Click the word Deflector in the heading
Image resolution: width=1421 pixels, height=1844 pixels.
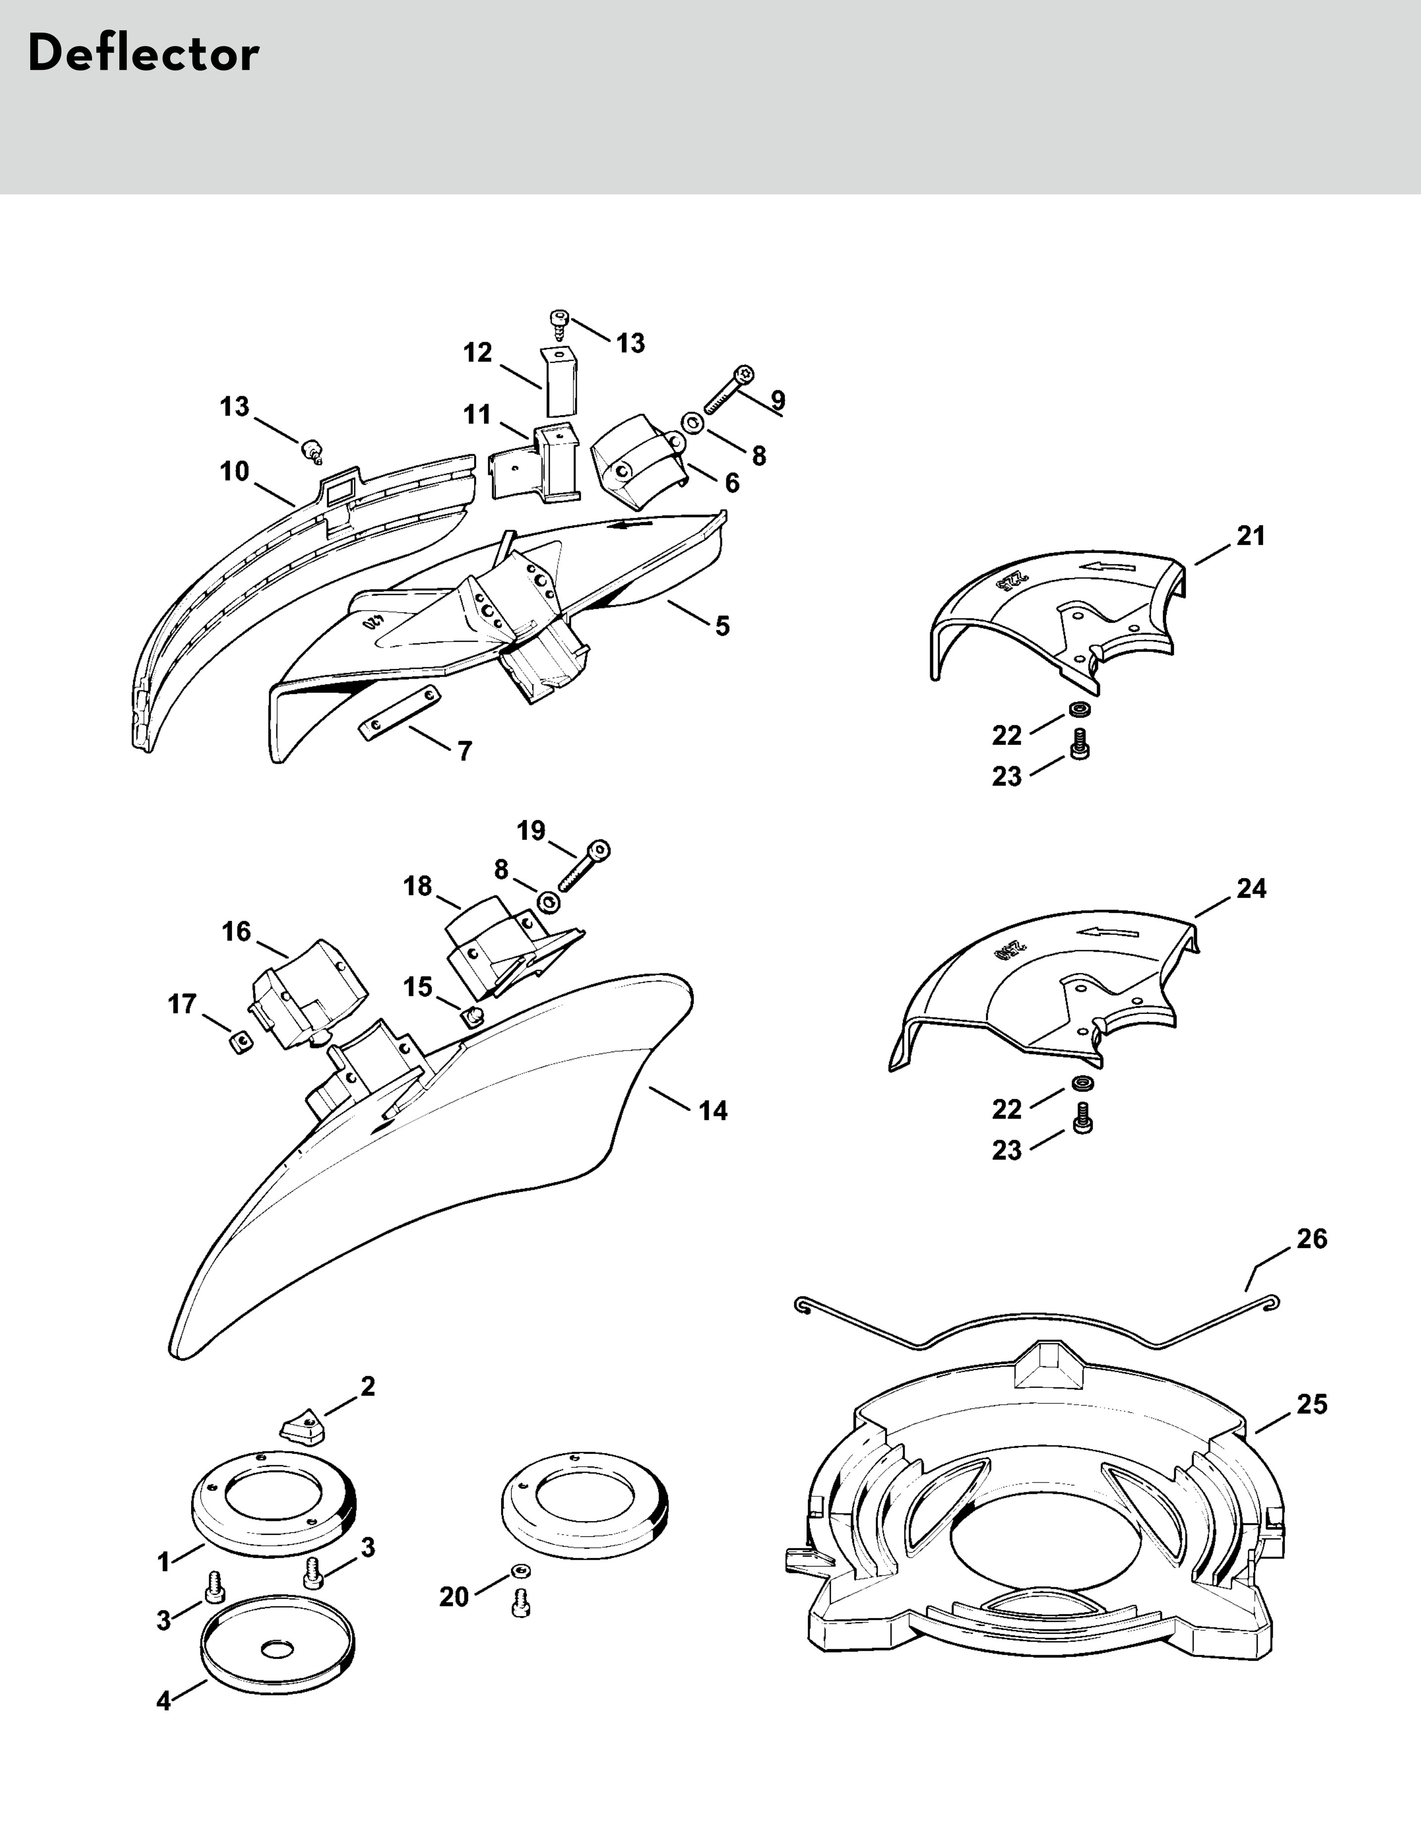(x=143, y=55)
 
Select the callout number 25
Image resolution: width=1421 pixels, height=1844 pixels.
(x=1311, y=1404)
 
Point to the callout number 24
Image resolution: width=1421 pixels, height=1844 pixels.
(x=1250, y=888)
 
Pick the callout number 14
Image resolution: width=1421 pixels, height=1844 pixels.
(x=712, y=1110)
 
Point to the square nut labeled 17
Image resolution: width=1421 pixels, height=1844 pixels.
(x=242, y=1045)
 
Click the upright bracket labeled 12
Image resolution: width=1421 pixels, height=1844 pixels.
(x=557, y=382)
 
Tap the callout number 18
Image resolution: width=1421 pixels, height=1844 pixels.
(x=418, y=886)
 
